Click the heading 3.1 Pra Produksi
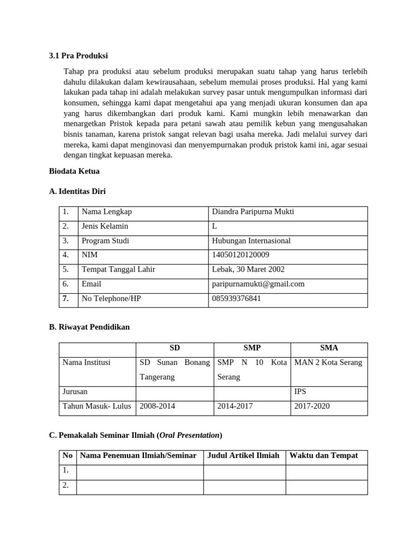tap(78, 56)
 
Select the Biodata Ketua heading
tap(74, 171)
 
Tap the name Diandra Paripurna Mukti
tap(253, 212)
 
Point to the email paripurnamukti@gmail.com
tap(258, 283)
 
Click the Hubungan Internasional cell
tap(251, 241)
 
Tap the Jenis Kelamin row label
tap(105, 226)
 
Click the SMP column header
tap(252, 348)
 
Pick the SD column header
tap(174, 348)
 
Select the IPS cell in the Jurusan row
tap(300, 391)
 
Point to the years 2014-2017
tap(235, 406)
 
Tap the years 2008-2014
tap(157, 406)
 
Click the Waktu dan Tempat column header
tap(324, 455)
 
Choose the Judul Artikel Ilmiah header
tap(243, 455)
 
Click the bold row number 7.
tap(65, 298)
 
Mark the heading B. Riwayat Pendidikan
tap(89, 327)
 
